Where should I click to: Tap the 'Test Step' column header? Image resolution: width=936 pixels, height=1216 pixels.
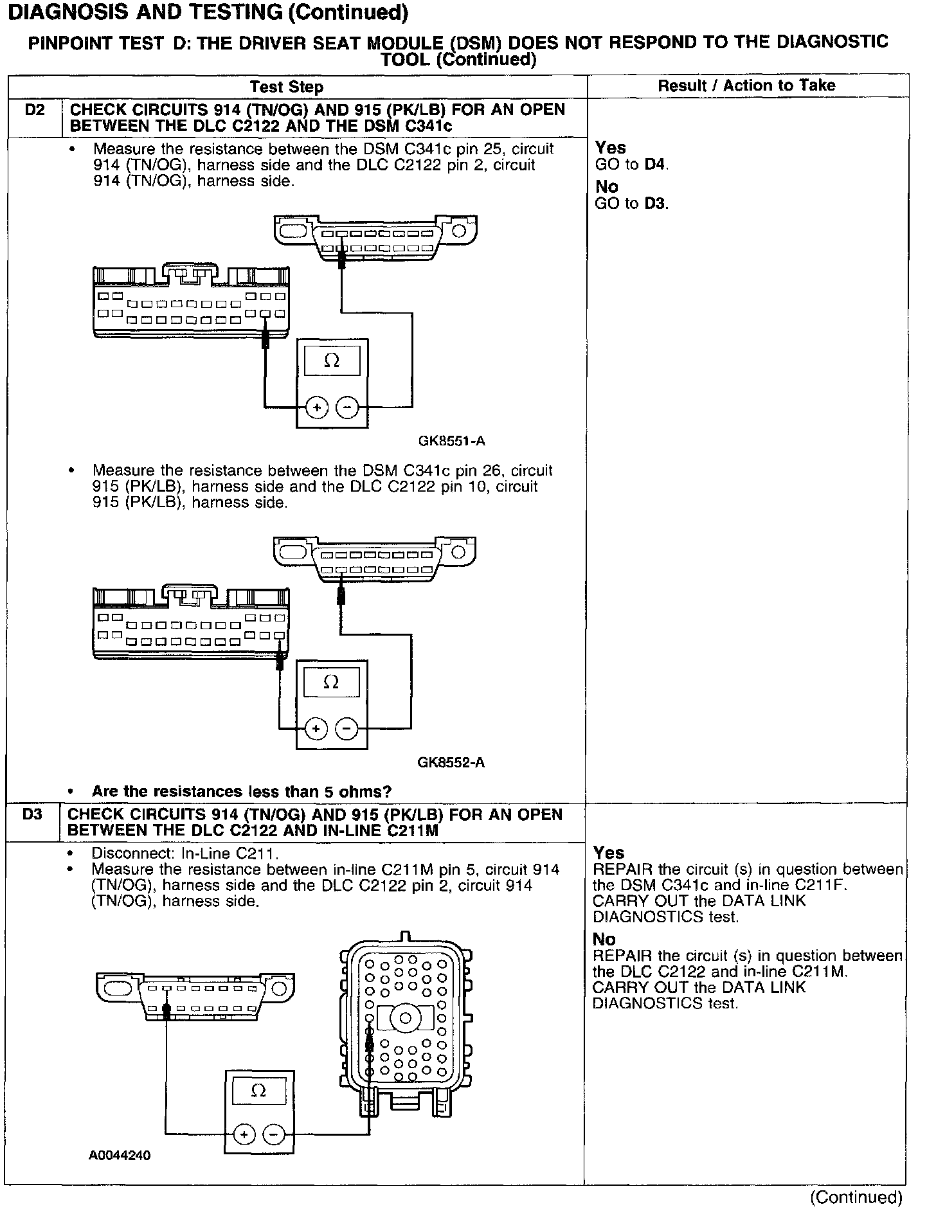[x=286, y=87]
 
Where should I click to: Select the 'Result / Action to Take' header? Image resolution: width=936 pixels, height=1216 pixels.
[x=746, y=85]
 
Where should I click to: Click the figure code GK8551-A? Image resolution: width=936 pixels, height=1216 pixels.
[x=451, y=441]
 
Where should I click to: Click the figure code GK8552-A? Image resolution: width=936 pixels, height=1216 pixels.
[x=451, y=763]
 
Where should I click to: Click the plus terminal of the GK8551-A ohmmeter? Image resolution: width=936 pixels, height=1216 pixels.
[x=316, y=407]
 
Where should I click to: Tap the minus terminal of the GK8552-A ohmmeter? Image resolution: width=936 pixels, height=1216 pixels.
[x=347, y=729]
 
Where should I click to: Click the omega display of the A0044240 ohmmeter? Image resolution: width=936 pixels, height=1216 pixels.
[x=258, y=1092]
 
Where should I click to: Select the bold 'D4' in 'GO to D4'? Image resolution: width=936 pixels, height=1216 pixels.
[x=655, y=165]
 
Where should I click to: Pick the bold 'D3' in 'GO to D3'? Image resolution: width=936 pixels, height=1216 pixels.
[x=655, y=204]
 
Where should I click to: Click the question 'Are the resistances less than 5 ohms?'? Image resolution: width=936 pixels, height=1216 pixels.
[x=242, y=791]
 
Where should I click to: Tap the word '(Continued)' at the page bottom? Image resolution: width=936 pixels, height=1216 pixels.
[x=856, y=1197]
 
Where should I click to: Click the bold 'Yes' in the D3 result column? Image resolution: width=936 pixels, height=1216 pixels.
[x=609, y=853]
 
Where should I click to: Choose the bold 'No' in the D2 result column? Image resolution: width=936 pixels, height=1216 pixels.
[x=607, y=187]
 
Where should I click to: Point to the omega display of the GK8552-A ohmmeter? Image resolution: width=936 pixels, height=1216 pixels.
[x=331, y=682]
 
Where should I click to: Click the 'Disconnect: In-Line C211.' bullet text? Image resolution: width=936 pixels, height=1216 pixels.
[x=186, y=854]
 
